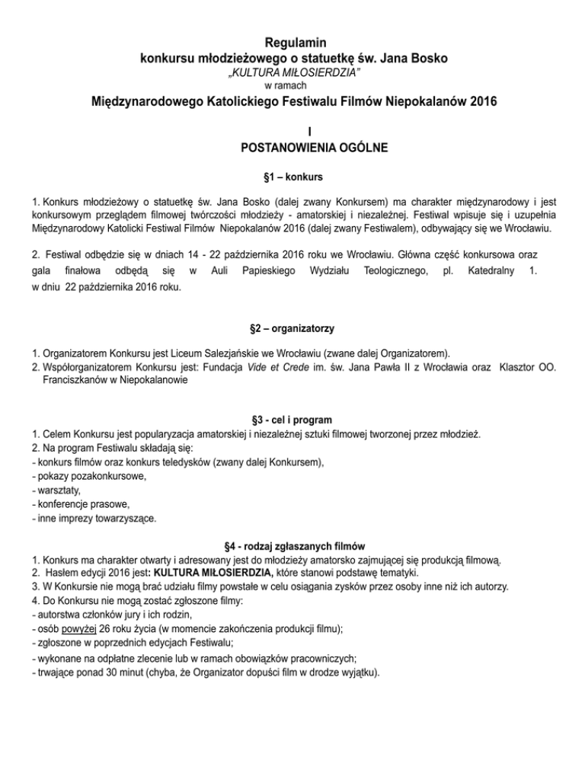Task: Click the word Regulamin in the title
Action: tap(292, 42)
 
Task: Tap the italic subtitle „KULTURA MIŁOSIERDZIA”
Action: tap(292, 72)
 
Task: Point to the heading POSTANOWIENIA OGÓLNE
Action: tap(292, 147)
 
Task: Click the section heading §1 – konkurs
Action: tap(292, 177)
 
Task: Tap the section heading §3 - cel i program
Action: tap(292, 420)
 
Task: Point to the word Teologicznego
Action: tap(392, 270)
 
